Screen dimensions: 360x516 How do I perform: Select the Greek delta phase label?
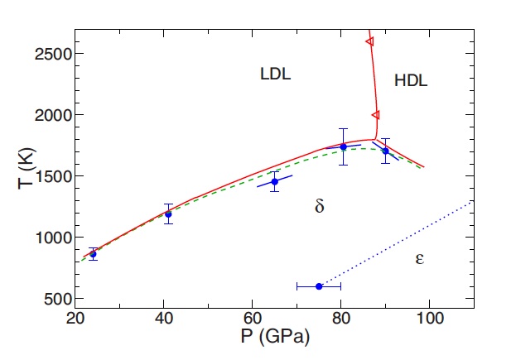pos(320,207)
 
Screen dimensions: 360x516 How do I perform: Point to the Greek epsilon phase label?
pos(419,259)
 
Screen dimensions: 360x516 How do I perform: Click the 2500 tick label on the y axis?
pos(52,54)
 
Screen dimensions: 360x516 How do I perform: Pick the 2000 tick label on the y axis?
pos(52,115)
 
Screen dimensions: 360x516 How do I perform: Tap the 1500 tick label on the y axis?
pos(52,176)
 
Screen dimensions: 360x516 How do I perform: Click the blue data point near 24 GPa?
pos(93,254)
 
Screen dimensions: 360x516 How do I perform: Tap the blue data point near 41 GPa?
pos(168,214)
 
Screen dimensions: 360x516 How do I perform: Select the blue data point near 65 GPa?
pos(275,181)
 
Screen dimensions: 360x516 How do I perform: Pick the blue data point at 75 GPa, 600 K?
pos(319,286)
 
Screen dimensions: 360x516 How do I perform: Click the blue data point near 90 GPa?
pos(385,151)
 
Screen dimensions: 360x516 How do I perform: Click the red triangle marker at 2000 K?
pos(375,115)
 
